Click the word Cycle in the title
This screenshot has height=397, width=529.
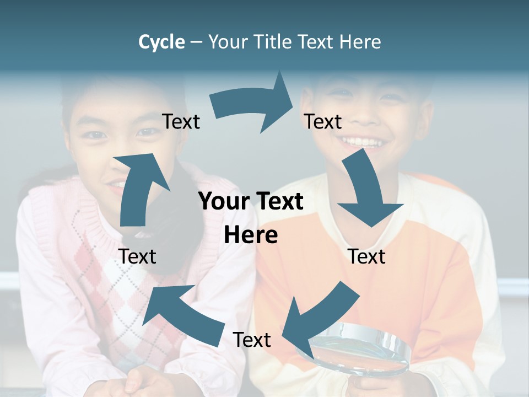pos(161,42)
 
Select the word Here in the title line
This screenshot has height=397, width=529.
pos(360,42)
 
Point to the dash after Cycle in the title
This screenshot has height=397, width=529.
pos(196,42)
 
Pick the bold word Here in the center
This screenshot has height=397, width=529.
pos(251,235)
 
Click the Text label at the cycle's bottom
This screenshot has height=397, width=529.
pos(252,340)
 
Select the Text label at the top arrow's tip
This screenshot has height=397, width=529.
pos(323,122)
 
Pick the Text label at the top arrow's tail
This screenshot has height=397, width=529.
pos(181,122)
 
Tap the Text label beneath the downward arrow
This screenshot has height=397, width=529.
pos(366,257)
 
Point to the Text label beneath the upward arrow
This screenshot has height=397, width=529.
pos(137,257)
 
